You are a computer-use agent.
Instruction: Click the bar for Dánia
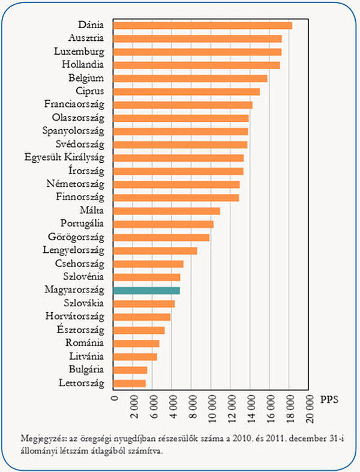(202, 25)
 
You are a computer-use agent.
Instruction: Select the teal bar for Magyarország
(146, 290)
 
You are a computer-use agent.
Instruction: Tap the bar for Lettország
(130, 383)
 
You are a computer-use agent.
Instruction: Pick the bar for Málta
(167, 211)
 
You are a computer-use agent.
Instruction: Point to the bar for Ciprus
(187, 91)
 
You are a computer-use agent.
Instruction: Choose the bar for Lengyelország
(155, 250)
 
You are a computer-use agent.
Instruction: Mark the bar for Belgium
(190, 78)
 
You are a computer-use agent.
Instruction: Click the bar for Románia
(136, 343)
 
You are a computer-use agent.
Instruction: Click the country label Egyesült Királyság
(64, 158)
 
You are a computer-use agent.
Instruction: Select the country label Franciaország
(74, 104)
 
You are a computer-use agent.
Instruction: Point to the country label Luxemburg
(79, 52)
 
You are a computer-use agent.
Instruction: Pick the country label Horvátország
(75, 316)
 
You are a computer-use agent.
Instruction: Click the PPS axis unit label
(330, 399)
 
